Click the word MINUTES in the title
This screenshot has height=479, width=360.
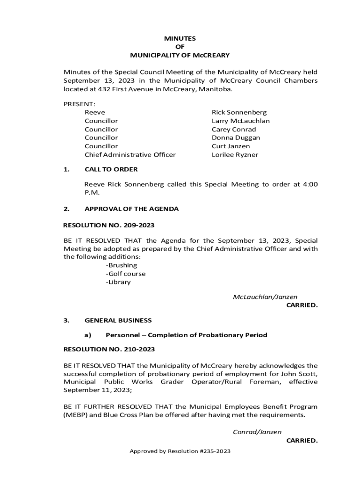tap(180, 38)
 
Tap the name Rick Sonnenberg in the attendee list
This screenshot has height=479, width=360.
tap(239, 112)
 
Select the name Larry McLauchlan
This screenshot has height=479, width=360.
tap(240, 121)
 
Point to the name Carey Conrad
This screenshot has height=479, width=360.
tap(234, 129)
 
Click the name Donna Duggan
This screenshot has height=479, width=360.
tap(236, 138)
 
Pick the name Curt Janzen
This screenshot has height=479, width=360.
tap(230, 146)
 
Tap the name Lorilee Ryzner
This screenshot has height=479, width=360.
tap(235, 154)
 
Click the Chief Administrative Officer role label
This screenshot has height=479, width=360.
tap(130, 154)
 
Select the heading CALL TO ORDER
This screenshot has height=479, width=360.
tap(111, 169)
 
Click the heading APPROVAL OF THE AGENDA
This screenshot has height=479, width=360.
tap(131, 209)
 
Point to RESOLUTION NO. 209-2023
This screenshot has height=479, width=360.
tap(108, 225)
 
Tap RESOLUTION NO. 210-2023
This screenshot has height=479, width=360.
tap(108, 349)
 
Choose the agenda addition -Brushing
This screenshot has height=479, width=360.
tap(121, 265)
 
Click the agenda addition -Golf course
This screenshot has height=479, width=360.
tap(125, 274)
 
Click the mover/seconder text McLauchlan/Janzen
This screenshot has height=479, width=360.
tap(265, 297)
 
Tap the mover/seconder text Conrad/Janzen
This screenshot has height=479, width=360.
tap(257, 432)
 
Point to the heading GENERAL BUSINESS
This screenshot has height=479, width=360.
tap(118, 320)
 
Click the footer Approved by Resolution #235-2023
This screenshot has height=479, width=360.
tap(180, 451)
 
